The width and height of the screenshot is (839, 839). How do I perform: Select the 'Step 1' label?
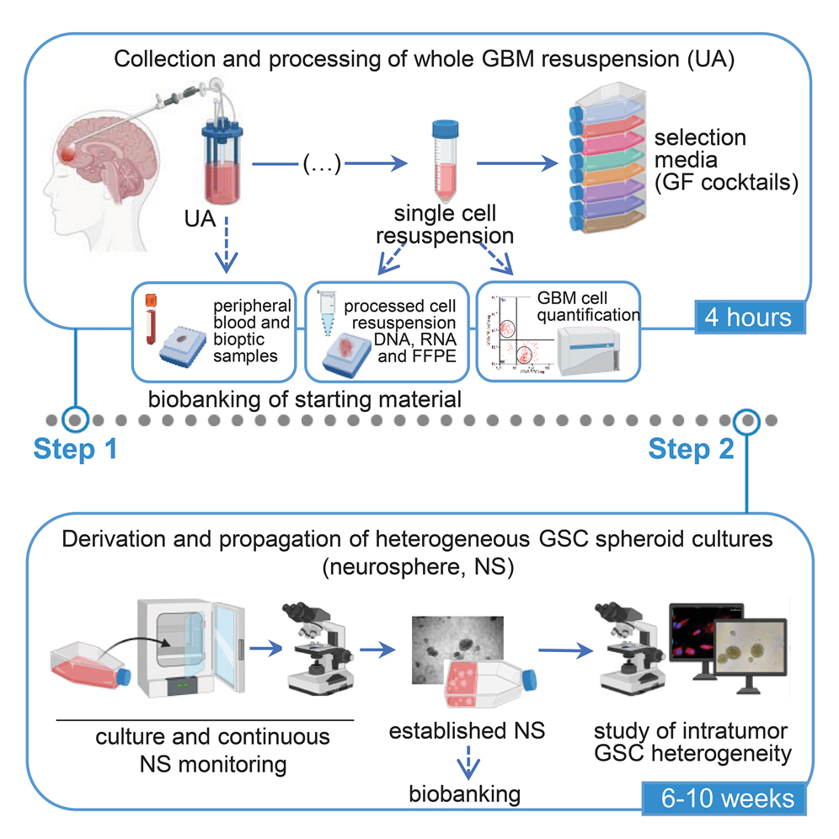[76, 450]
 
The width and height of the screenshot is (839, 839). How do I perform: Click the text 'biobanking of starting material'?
[305, 398]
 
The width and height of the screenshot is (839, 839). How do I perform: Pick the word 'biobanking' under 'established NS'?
[465, 794]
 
